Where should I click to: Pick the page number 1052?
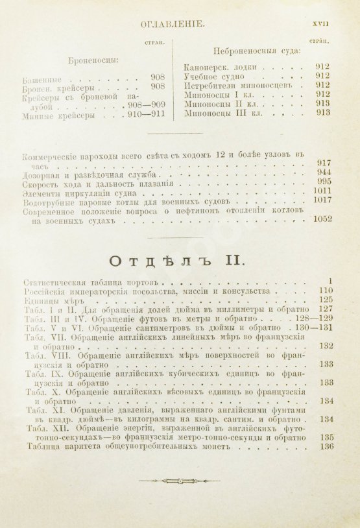pos(320,219)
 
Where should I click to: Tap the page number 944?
pos(324,174)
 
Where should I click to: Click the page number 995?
pos(324,184)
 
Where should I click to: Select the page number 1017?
pos(320,200)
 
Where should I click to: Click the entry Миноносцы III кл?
pos(222,112)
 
